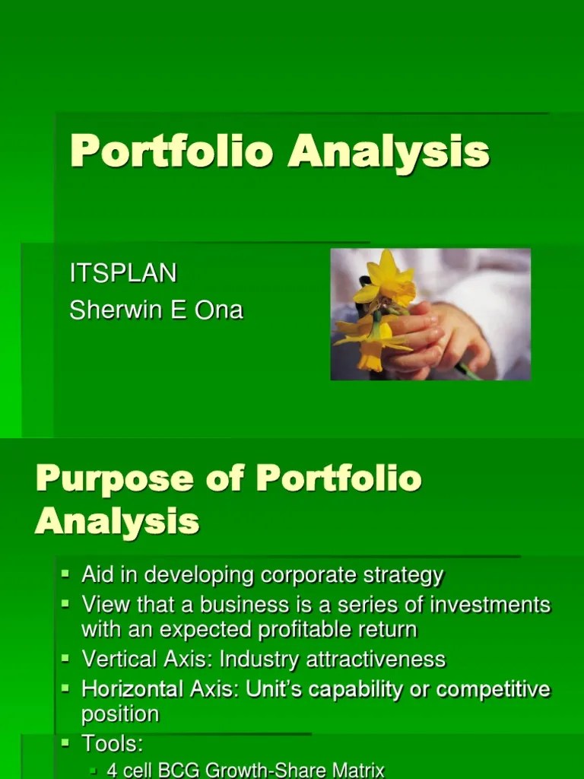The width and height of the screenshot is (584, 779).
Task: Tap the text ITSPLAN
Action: (122, 273)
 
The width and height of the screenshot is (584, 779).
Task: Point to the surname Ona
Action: (221, 310)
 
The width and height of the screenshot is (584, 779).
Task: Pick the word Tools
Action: (111, 743)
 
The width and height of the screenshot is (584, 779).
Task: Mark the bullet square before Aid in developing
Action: (66, 573)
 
